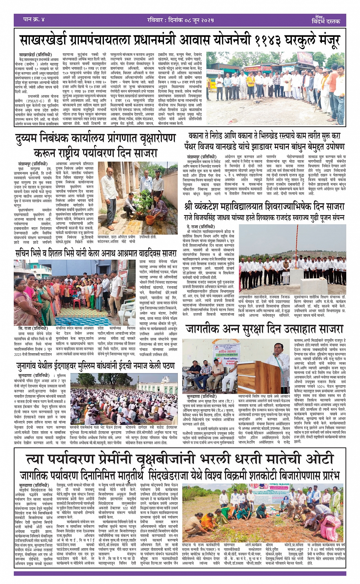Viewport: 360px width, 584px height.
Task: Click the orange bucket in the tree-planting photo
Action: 150,219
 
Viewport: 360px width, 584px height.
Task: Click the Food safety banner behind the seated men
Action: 230,360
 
